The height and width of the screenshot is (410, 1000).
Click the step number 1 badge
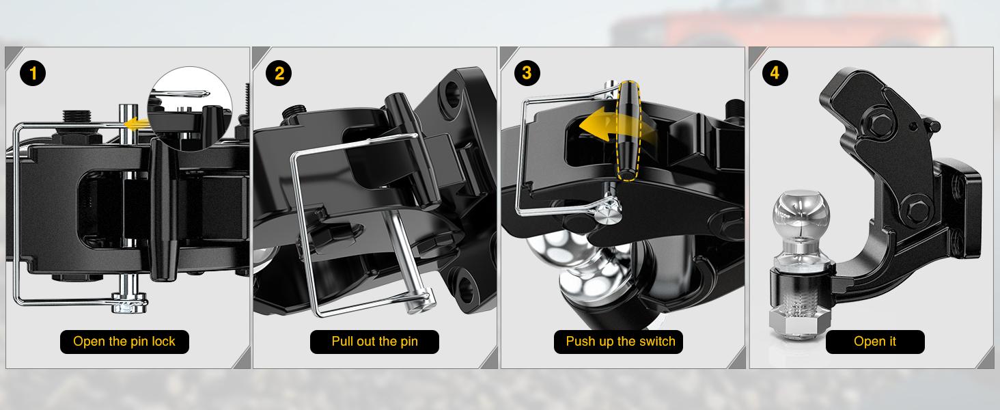coord(33,72)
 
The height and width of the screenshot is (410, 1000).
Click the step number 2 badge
coord(279,72)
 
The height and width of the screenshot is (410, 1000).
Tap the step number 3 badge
coord(526,72)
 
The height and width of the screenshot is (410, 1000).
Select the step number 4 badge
coord(775,72)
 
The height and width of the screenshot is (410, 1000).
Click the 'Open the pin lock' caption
coord(124,342)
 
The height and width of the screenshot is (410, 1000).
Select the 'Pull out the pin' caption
coord(374,342)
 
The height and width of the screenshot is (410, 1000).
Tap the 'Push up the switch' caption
coord(620,342)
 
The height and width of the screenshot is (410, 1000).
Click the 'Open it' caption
coord(875,342)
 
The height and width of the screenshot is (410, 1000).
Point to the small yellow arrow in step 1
coord(137,123)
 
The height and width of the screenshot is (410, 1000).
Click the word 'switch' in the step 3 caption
coord(656,342)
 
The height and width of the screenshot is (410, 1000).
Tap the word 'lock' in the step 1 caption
coord(163,342)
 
